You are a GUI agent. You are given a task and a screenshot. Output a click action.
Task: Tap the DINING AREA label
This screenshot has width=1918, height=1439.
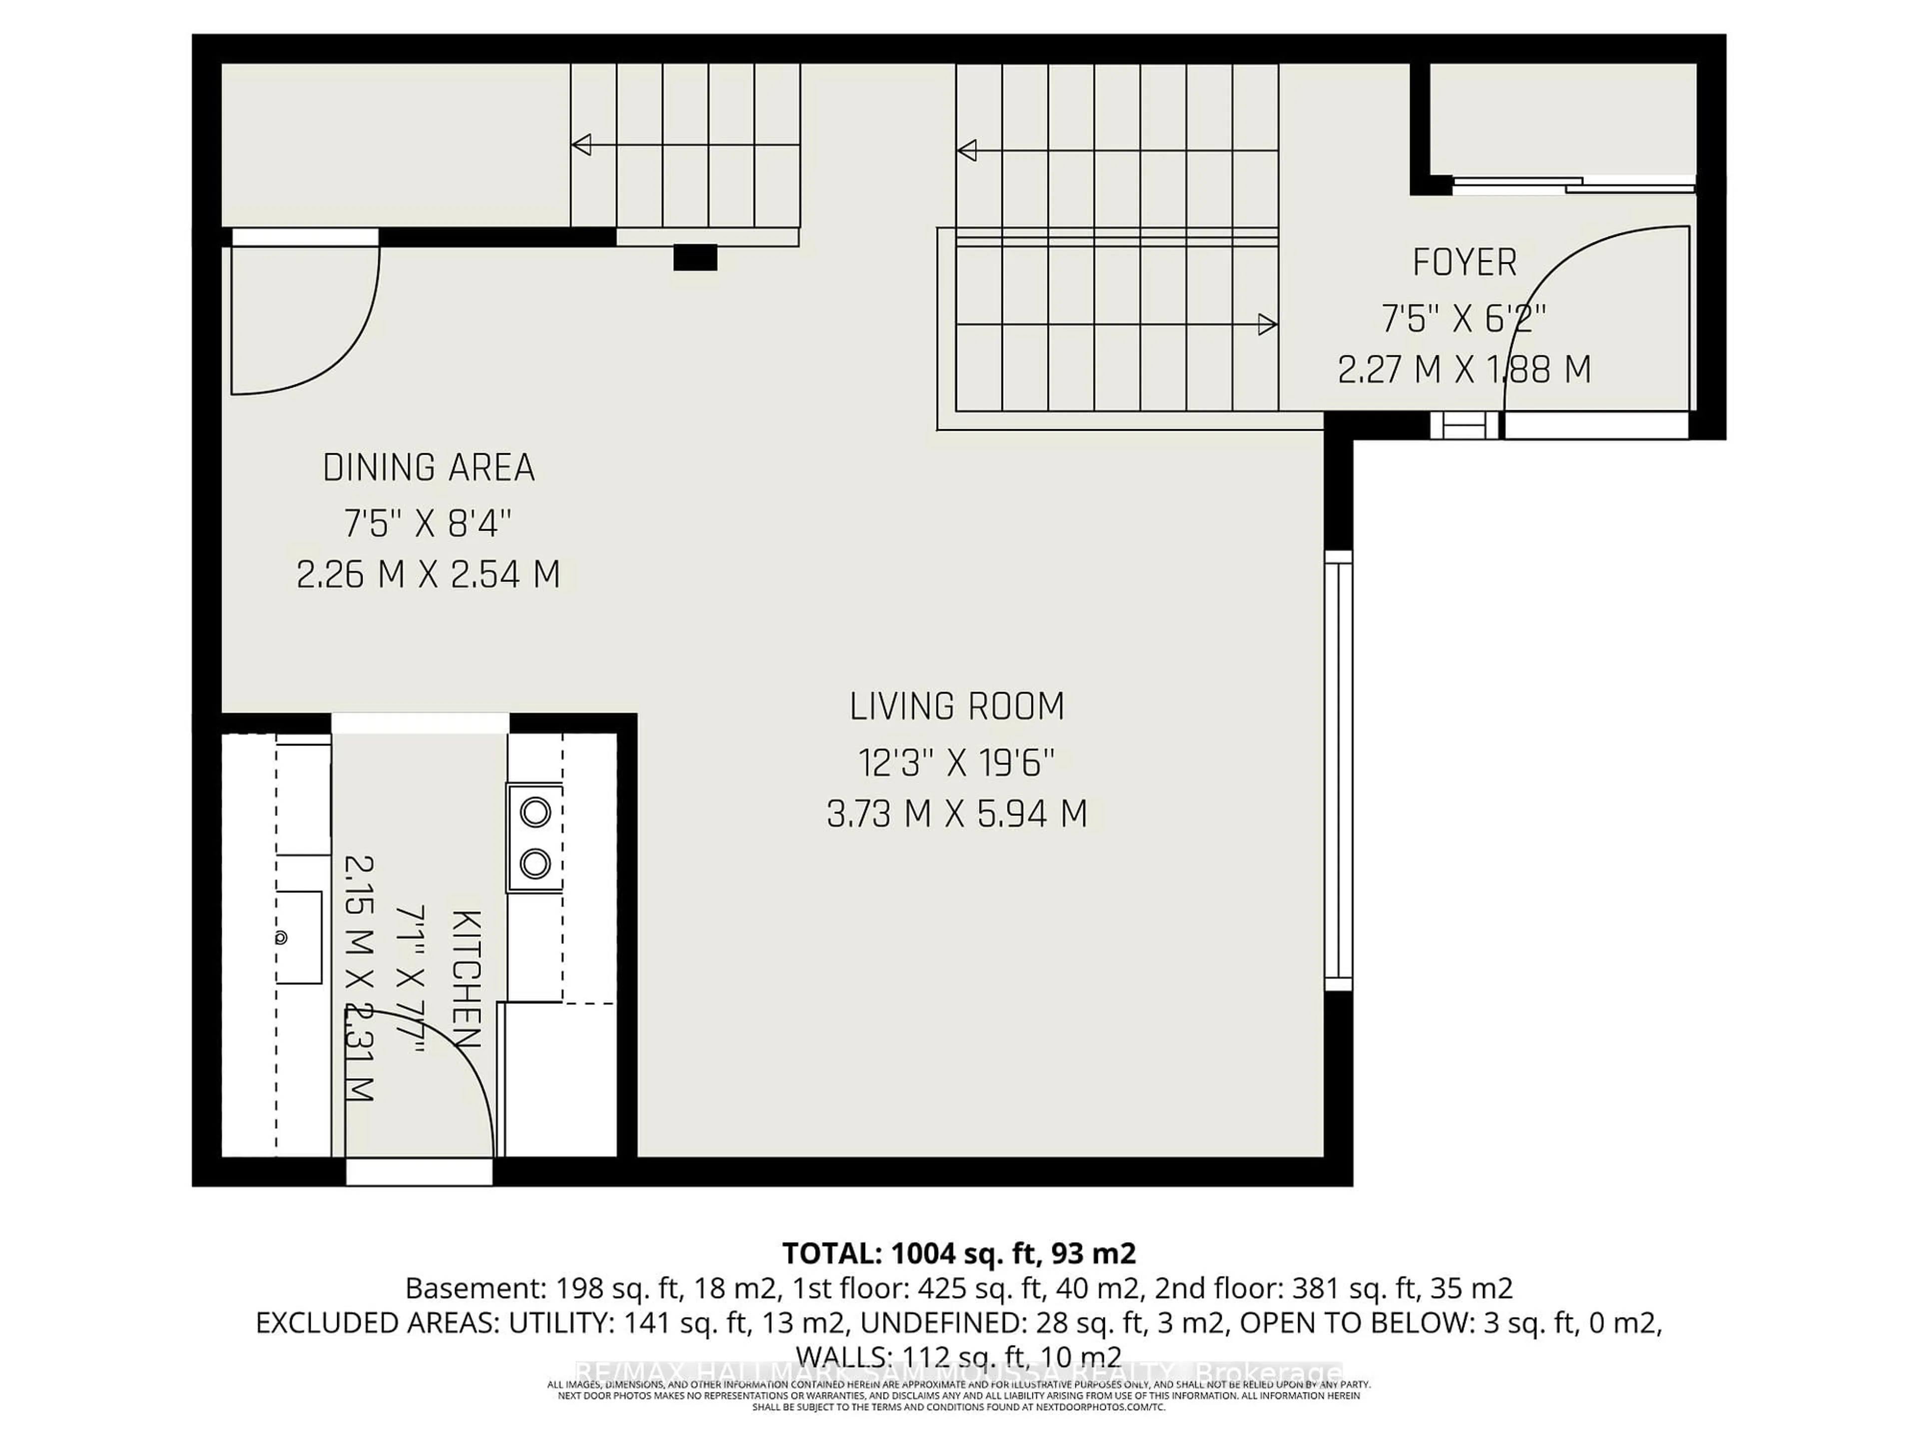pyautogui.click(x=429, y=468)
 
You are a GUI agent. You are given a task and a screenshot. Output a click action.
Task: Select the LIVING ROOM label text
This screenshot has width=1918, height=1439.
pyautogui.click(x=957, y=707)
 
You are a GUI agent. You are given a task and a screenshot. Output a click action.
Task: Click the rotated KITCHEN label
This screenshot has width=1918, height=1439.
pyautogui.click(x=467, y=978)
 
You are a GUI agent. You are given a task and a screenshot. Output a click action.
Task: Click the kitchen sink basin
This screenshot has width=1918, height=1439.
pyautogui.click(x=299, y=938)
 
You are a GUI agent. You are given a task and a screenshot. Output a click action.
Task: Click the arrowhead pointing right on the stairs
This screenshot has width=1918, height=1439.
pyautogui.click(x=1267, y=325)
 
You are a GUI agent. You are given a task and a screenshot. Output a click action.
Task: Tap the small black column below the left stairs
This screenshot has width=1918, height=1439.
pyautogui.click(x=695, y=258)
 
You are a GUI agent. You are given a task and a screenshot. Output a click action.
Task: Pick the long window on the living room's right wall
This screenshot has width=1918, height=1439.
pyautogui.click(x=1339, y=770)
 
